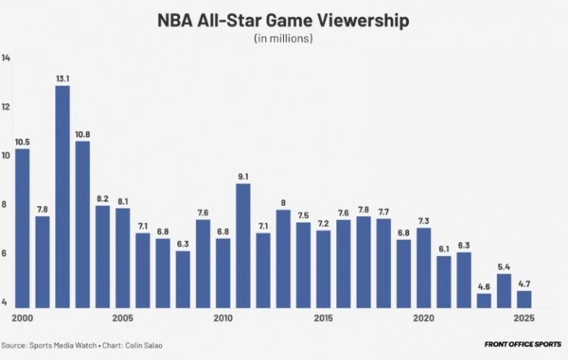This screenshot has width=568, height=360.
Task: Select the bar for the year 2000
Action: pos(22,227)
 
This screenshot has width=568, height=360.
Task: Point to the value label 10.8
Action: pos(83,134)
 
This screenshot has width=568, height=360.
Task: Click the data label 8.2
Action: pos(102,199)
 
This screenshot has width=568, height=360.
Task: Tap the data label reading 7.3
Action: pos(424,221)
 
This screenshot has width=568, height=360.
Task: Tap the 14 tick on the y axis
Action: pos(6,58)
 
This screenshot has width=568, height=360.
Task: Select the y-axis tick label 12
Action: pos(6,107)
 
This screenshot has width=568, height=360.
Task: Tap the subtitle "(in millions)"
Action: pos(284,38)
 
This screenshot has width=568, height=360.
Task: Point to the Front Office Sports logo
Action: pos(523,345)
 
